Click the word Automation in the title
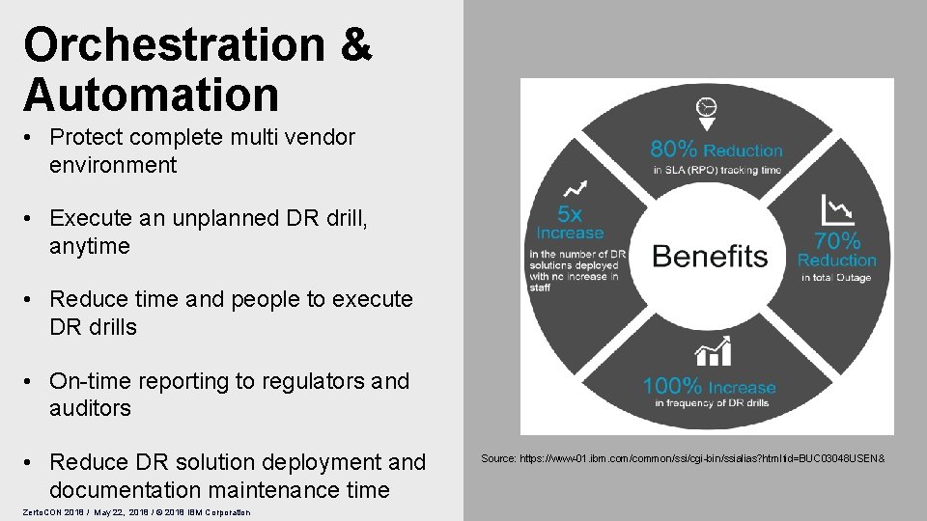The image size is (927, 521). pos(152,95)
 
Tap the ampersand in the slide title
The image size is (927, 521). pos(353,44)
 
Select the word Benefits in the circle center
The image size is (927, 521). pos(710,256)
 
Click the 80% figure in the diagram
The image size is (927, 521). pos(674,150)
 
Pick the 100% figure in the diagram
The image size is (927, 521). pos(673,387)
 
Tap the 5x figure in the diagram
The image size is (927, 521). pos(570,213)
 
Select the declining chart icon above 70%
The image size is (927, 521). pos(837,209)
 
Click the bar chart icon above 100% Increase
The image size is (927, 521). pos(712,353)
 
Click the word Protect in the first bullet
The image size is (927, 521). pos(87,138)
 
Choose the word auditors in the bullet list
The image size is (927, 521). pos(90,408)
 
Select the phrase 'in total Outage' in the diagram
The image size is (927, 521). pos(836,278)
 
